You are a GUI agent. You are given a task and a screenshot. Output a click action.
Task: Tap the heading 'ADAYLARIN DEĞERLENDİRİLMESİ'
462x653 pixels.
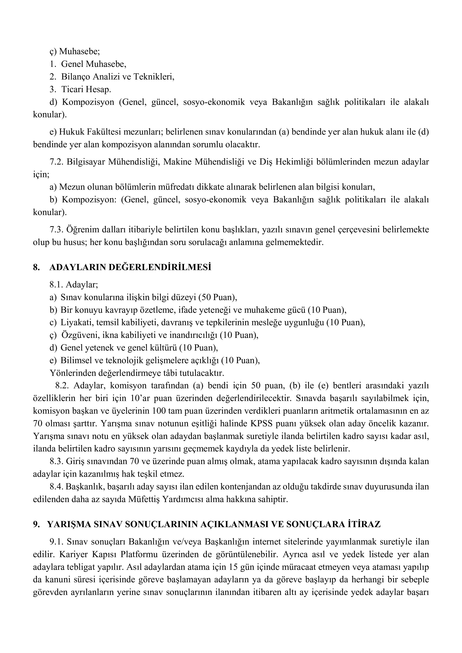[x=130, y=267]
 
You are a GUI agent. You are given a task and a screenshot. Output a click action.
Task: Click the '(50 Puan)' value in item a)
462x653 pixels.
[x=218, y=297]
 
